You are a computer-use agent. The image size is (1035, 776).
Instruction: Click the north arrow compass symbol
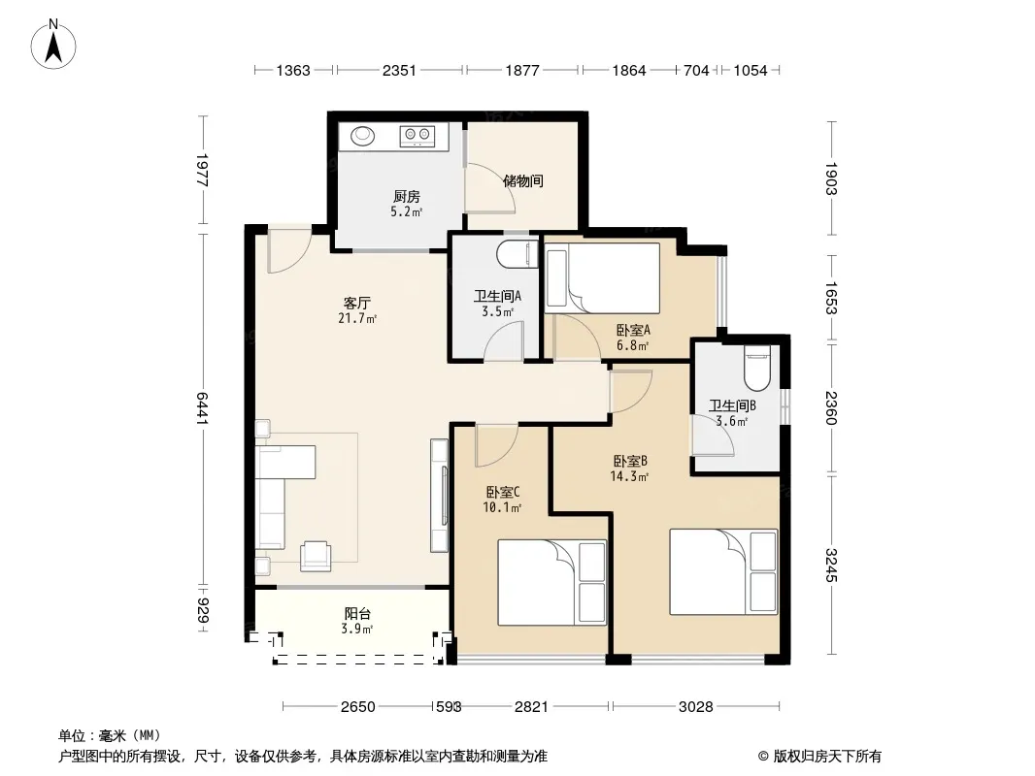[x=53, y=45]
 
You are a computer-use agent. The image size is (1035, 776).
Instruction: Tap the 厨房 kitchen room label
[x=406, y=197]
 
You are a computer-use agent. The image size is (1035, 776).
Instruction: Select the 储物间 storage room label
[x=522, y=180]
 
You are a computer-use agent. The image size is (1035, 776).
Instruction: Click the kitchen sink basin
[x=362, y=136]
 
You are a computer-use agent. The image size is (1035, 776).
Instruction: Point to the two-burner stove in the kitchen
[x=417, y=136]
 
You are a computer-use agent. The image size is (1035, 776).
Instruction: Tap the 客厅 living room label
[x=356, y=304]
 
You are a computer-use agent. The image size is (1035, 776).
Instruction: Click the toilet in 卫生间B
[x=757, y=368]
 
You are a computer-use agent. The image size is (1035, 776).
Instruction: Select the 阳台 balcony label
[x=357, y=614]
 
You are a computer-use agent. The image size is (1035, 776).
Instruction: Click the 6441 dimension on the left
[x=202, y=408]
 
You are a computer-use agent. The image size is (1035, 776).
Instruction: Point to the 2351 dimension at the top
[x=399, y=70]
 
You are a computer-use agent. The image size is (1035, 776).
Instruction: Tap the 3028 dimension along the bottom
[x=696, y=707]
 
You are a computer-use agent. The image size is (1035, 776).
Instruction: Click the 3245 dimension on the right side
[x=831, y=566]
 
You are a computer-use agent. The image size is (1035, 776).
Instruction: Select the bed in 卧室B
[x=723, y=571]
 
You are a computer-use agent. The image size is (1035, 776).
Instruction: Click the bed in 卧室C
[x=551, y=582]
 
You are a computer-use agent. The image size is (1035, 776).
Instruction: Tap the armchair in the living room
[x=316, y=555]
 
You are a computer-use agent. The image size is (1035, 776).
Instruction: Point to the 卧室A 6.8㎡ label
[x=633, y=337]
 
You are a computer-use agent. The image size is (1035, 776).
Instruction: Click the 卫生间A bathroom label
[x=497, y=296]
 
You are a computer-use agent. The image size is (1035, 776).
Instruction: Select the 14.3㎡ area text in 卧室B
[x=629, y=476]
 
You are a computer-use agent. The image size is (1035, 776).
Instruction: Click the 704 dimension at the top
[x=696, y=70]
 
